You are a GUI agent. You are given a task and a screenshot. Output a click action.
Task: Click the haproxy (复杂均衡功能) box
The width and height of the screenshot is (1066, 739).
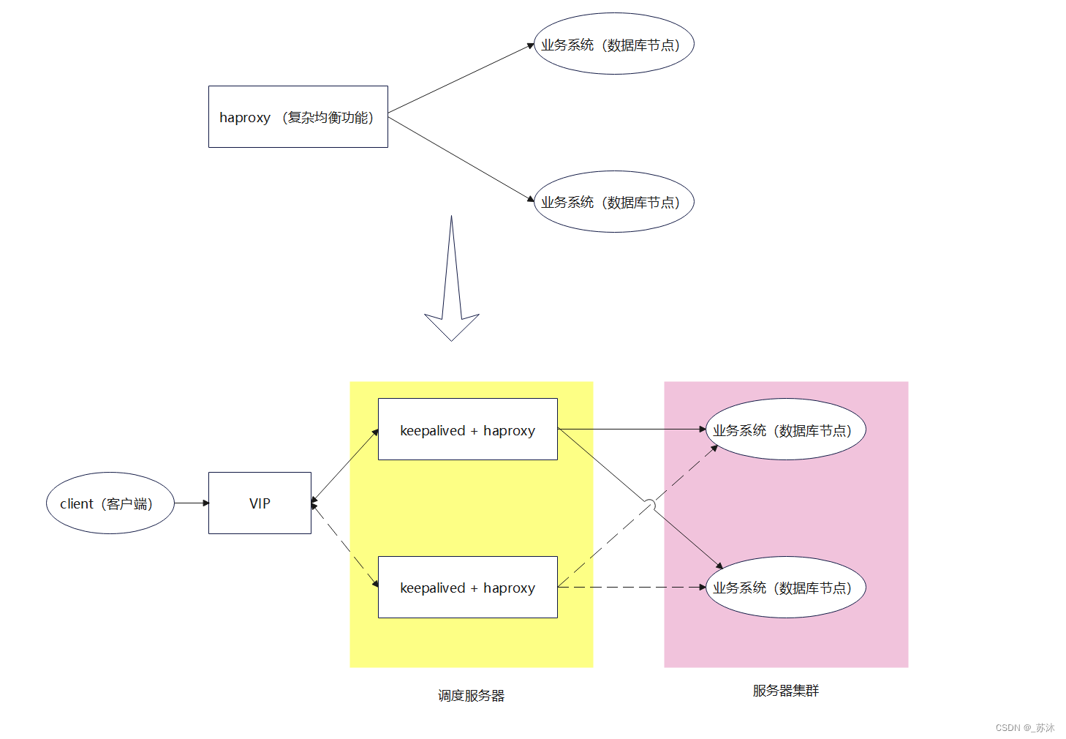[298, 117]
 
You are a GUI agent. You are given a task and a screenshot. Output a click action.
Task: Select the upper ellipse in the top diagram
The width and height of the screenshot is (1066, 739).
[613, 44]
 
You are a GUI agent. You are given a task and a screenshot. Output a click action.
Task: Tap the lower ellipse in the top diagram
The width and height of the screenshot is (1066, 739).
[613, 202]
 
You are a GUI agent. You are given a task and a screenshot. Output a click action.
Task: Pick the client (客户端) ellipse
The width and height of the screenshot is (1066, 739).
[110, 503]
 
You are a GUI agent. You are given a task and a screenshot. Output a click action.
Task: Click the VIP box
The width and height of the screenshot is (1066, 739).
[260, 503]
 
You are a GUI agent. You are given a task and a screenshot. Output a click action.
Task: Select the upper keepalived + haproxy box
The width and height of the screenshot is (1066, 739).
[467, 429]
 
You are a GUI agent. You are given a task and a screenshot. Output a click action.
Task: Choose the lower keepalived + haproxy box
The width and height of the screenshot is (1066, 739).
[467, 588]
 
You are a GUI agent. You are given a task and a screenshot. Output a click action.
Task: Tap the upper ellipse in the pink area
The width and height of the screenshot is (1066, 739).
[785, 429]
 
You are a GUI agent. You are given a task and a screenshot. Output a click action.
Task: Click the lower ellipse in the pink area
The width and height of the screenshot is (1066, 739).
[785, 588]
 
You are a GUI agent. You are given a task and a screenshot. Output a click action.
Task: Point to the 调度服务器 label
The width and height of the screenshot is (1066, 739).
[471, 696]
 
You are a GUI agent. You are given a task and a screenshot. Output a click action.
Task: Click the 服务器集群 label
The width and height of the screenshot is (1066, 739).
[786, 691]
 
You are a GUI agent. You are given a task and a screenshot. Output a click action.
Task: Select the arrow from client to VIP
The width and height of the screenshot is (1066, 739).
[192, 503]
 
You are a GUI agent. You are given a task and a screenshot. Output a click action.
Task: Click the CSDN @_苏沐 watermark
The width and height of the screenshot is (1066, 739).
[1024, 728]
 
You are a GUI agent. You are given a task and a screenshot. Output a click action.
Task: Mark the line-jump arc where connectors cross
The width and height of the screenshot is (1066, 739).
[649, 505]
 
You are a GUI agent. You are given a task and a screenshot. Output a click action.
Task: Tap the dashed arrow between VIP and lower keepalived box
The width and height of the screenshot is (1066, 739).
[344, 545]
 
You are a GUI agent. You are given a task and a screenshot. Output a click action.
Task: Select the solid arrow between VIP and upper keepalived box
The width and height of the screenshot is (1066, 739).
[344, 466]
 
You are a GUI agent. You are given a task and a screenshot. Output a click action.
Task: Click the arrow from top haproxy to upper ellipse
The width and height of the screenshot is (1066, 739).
[461, 79]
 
